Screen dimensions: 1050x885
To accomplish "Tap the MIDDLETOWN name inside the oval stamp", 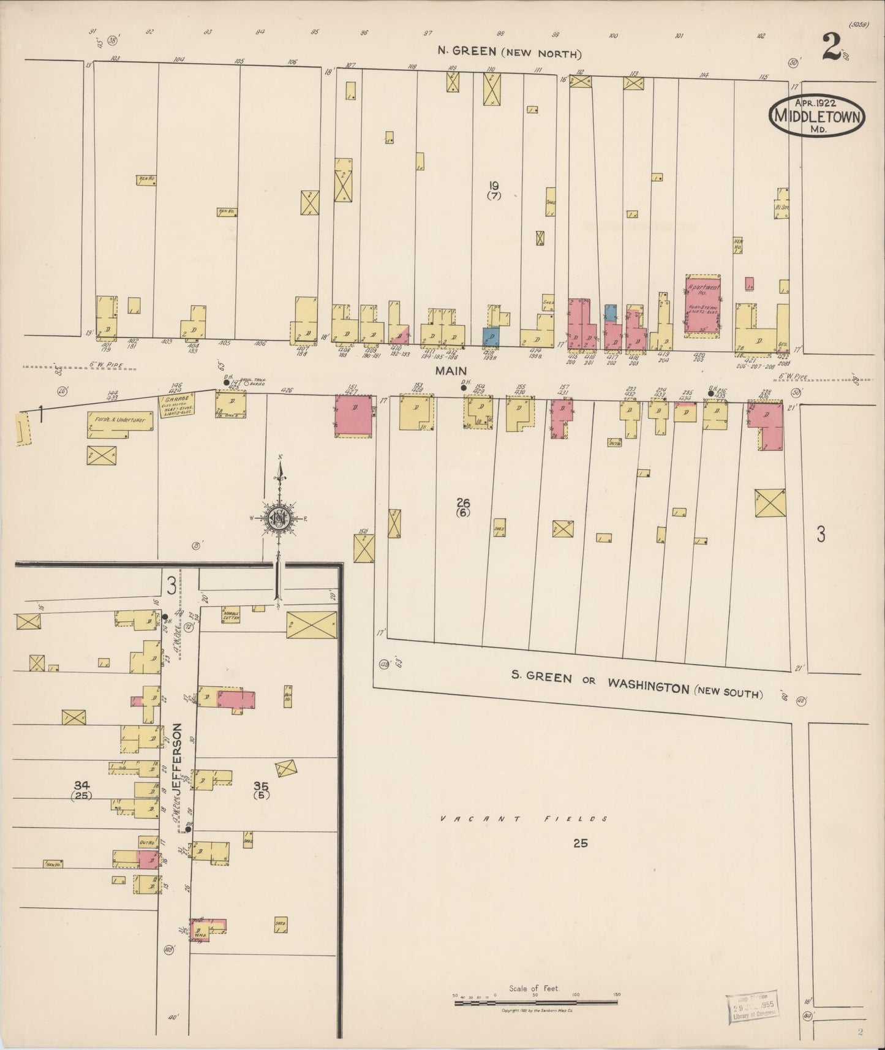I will (817, 116).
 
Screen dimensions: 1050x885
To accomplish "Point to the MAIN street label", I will (451, 371).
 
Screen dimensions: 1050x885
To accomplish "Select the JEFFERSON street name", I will (178, 760).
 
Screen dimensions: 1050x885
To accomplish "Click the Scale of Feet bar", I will (535, 1002).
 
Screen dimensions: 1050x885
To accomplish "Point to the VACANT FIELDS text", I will (525, 818).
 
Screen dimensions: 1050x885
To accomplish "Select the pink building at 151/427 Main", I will (353, 416).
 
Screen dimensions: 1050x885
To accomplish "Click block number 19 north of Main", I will (494, 186).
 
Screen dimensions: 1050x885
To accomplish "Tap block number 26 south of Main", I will (463, 503).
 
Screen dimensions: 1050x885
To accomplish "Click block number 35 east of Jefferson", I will (262, 785).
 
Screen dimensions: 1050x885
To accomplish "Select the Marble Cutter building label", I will (230, 615).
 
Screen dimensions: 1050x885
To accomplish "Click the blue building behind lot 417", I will (611, 312).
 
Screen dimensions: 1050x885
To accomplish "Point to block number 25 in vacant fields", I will (580, 843).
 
